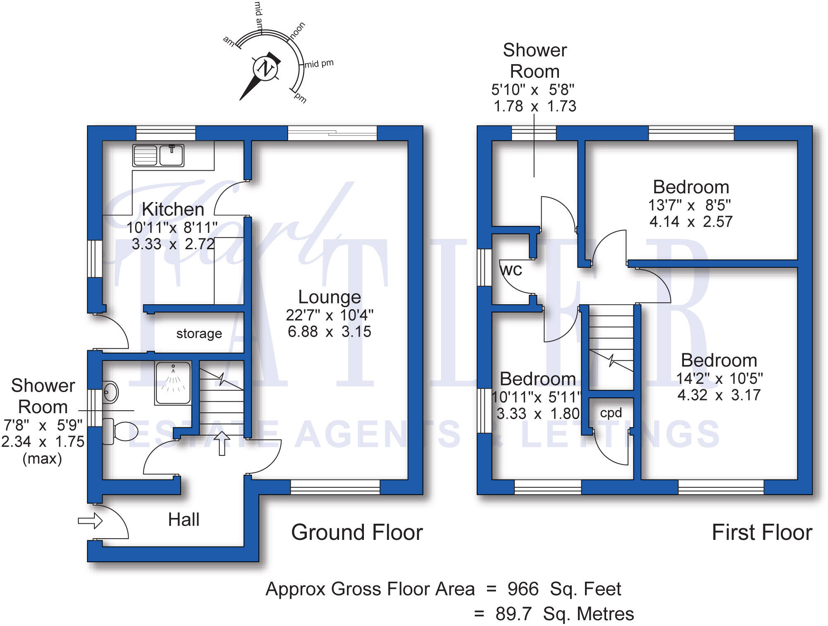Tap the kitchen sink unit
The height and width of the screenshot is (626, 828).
tap(158, 155)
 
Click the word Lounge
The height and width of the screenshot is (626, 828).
tap(330, 297)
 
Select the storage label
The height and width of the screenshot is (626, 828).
tap(199, 333)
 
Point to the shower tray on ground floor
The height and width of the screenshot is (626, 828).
tap(173, 383)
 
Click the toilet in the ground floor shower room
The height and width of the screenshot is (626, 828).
tap(120, 431)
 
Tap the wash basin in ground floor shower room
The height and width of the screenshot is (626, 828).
tap(110, 392)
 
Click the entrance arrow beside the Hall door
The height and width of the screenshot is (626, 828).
tap(90, 520)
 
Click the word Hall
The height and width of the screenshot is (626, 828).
tap(183, 520)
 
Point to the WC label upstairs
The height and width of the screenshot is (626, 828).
tap(511, 270)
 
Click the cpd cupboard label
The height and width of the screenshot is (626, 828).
tap(611, 413)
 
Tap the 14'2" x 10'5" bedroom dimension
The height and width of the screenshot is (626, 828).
tap(719, 378)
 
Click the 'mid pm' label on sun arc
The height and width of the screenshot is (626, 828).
tap(319, 64)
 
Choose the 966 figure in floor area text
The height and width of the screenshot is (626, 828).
tap(523, 589)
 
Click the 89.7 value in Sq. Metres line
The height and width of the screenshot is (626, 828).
tap(513, 614)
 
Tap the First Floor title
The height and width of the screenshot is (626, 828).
tap(762, 532)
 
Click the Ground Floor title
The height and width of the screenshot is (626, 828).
tap(357, 532)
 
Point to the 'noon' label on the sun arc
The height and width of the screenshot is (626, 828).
tap(298, 31)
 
